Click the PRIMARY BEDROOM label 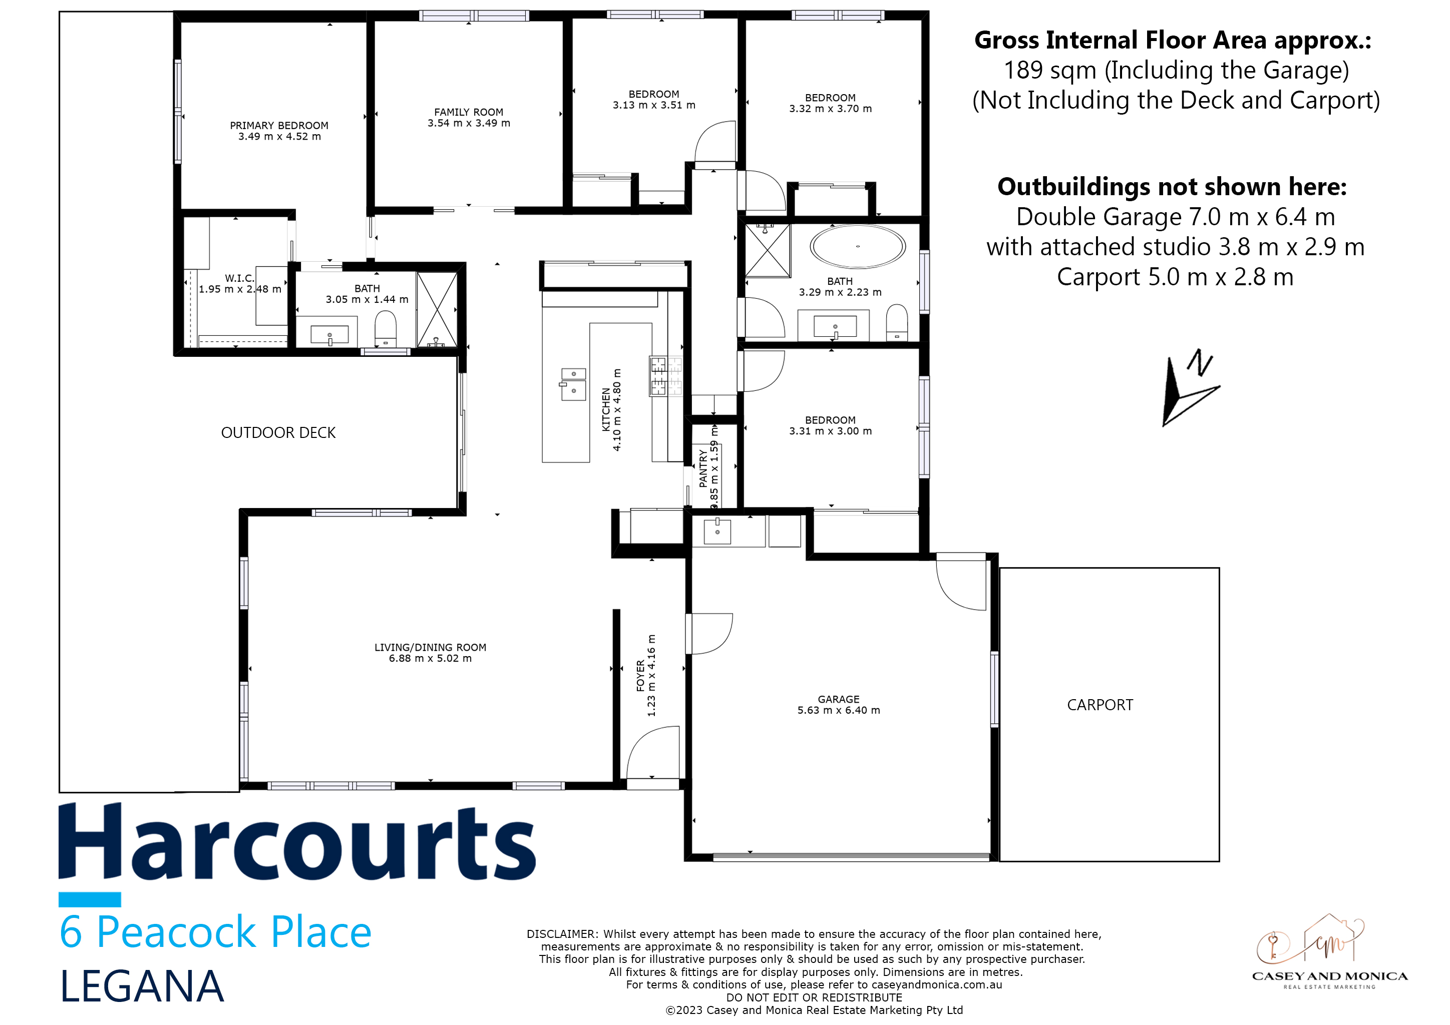[x=279, y=126]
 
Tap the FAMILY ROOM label [x=469, y=112]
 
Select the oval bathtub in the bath [x=858, y=247]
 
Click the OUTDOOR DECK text [x=278, y=432]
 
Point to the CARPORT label [x=1100, y=705]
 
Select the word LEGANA [x=142, y=986]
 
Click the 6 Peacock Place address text [x=215, y=932]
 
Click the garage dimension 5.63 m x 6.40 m [x=839, y=710]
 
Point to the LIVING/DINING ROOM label [x=430, y=648]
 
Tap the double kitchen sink [x=573, y=384]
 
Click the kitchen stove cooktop [x=665, y=376]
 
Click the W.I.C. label [x=239, y=278]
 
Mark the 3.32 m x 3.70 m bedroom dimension [x=831, y=109]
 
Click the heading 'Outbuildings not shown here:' [x=1172, y=187]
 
